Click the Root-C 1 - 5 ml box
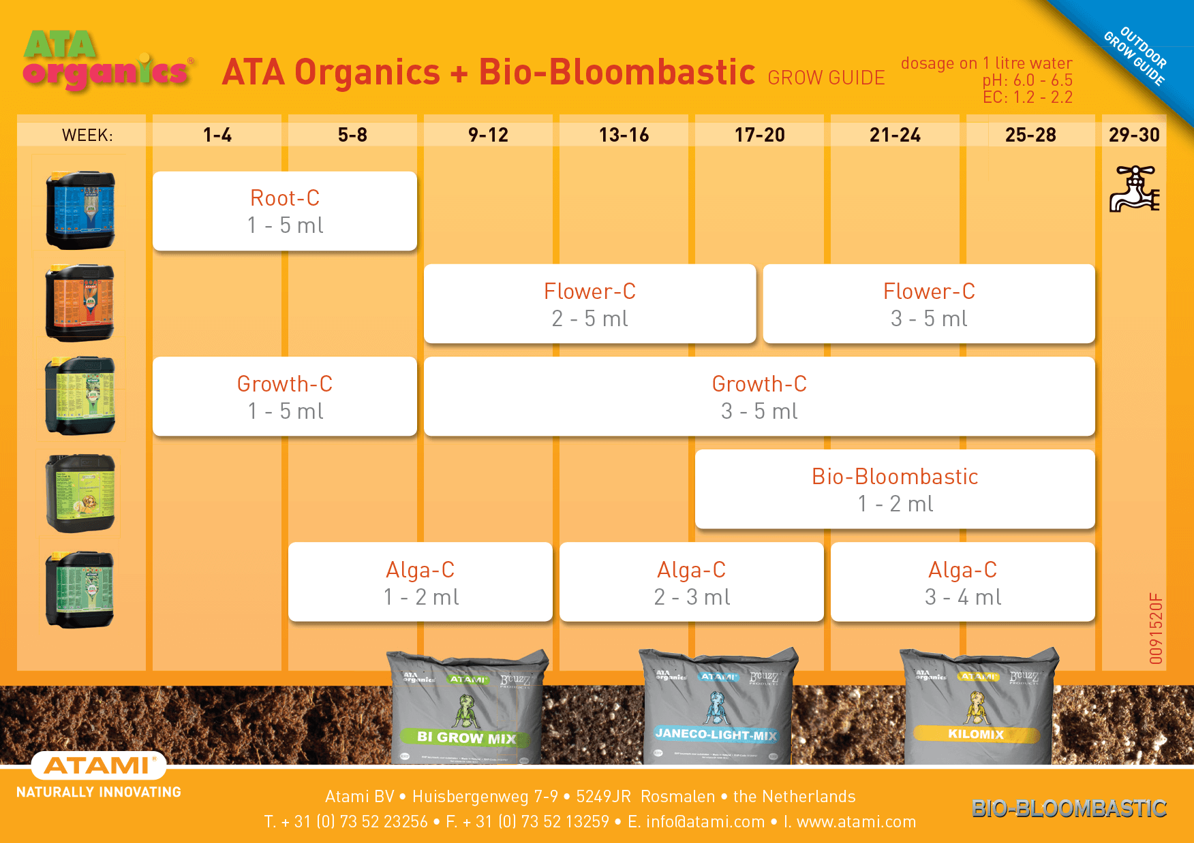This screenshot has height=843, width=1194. coord(285,211)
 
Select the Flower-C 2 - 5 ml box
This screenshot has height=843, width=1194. coord(590,304)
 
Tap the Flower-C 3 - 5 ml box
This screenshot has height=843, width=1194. coord(929,304)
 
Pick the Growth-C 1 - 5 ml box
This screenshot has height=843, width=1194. coord(285,396)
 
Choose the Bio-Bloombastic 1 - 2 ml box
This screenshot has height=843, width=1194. coord(895,489)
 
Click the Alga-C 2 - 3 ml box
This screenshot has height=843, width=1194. coord(692,582)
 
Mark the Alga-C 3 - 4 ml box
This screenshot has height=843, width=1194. coord(963,582)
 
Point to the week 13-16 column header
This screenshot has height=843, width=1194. coord(624,135)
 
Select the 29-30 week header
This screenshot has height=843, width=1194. coord(1134,135)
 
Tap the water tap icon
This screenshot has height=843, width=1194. coord(1134,189)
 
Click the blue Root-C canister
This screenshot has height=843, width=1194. coord(80,210)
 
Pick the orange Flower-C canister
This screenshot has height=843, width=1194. coord(80,302)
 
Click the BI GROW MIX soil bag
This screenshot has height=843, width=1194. coord(468,708)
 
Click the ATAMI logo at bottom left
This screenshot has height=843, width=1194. coord(98,766)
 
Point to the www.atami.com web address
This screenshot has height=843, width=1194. coord(856,822)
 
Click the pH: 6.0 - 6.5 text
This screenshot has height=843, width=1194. coord(1027,80)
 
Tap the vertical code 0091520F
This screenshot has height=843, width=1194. coord(1156,628)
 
